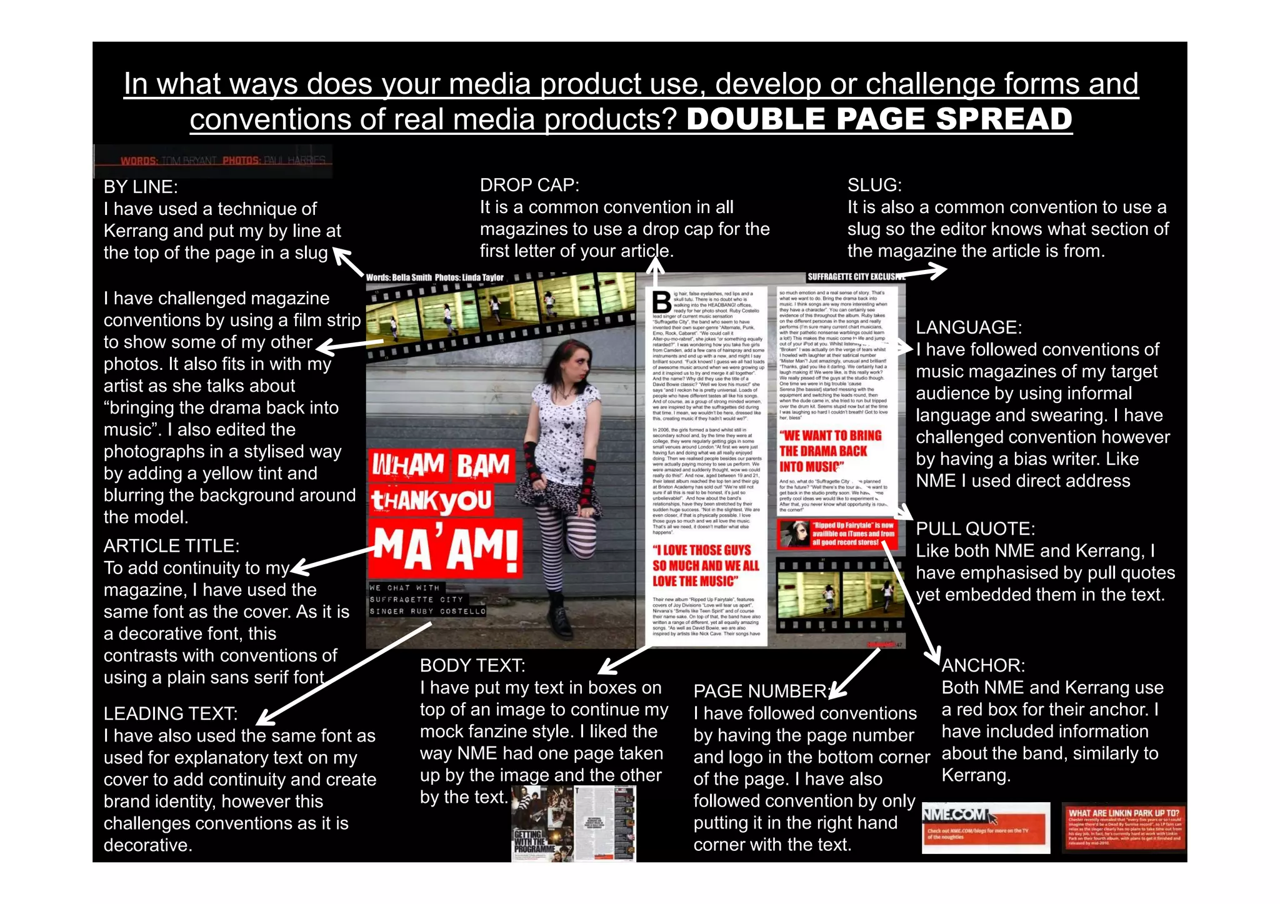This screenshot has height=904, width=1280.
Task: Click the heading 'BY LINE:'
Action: pos(141,187)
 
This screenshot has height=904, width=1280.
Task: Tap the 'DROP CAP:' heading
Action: pos(529,185)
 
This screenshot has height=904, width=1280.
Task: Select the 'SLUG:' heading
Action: pos(874,185)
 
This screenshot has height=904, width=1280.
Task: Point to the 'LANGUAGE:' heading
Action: pos(969,327)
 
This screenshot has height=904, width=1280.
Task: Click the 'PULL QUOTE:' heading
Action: pos(975,529)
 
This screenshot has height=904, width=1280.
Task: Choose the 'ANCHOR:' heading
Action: pos(983,665)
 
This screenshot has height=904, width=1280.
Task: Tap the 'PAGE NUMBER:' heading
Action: pos(762,691)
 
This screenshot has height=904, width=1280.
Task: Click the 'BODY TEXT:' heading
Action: pos(472,665)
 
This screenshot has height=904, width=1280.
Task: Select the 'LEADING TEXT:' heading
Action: pos(171,713)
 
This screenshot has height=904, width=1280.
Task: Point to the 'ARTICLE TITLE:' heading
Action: pos(171,546)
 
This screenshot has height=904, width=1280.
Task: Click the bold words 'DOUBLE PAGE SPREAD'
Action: pos(879,119)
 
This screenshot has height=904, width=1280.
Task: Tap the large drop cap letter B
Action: pos(661,302)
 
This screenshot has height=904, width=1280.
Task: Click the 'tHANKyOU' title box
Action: pos(431,500)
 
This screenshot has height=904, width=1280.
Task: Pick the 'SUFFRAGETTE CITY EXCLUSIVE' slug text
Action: pos(855,277)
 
